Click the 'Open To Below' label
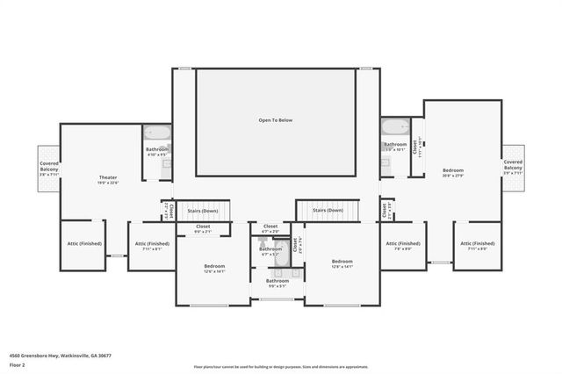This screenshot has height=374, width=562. (275, 119)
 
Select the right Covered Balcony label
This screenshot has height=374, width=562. (513, 164)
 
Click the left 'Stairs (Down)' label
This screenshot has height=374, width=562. (203, 211)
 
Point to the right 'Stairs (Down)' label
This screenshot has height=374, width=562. (328, 211)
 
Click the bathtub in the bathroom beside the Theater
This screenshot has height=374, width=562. (159, 133)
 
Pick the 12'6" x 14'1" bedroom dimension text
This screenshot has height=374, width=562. (215, 272)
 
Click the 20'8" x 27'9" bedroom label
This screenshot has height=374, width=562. (453, 176)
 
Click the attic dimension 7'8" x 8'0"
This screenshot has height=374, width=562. (403, 249)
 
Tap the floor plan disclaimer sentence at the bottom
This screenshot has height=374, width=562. (282, 367)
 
